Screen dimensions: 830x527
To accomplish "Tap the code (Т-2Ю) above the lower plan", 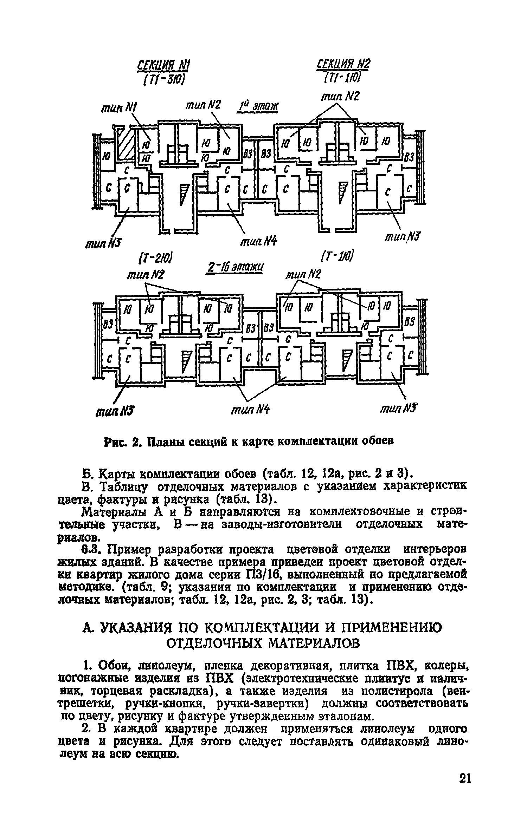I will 154,260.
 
